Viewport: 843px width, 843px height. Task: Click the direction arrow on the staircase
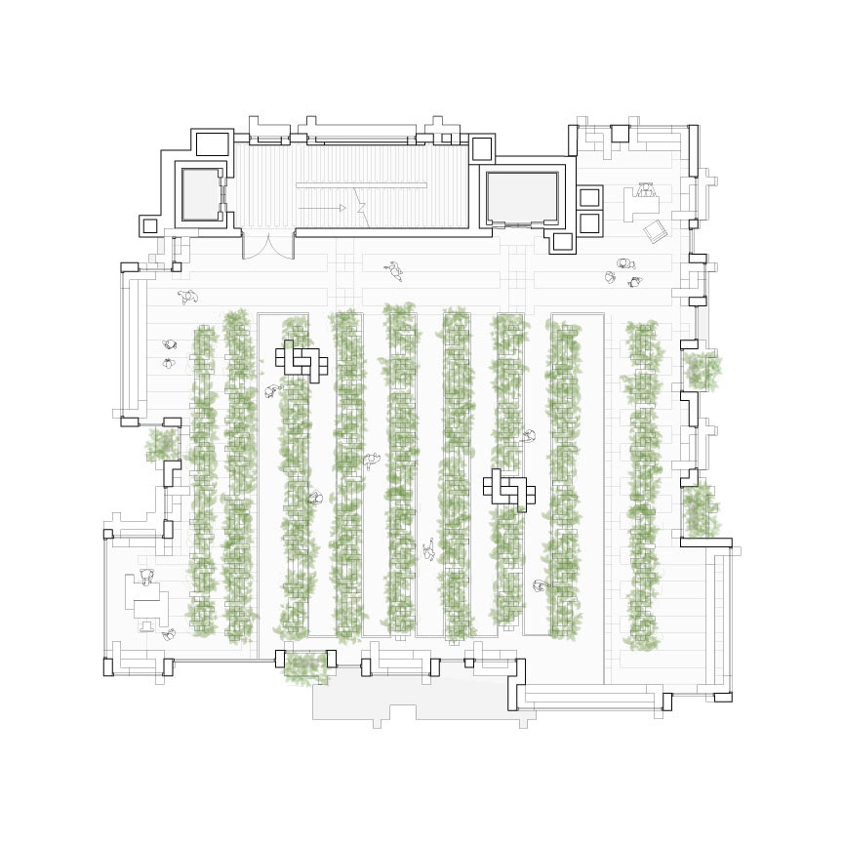coord(323,208)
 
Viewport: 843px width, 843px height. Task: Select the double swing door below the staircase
coord(268,245)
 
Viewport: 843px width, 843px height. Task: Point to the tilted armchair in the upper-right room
coord(656,231)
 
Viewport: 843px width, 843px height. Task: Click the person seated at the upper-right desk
coord(646,189)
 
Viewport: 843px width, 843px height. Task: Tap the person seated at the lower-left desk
coord(146,578)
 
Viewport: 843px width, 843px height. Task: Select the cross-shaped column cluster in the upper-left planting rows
coord(302,361)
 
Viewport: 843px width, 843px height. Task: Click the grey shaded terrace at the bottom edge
coord(420,702)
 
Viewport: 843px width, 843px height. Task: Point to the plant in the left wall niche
coord(162,445)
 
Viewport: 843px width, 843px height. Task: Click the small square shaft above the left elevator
coord(212,144)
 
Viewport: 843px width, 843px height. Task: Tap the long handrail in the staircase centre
coord(361,185)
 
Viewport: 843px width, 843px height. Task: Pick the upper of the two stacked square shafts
coord(589,197)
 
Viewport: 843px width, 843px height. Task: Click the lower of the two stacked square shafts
coord(589,222)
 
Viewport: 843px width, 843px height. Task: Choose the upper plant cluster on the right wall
coord(701,371)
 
